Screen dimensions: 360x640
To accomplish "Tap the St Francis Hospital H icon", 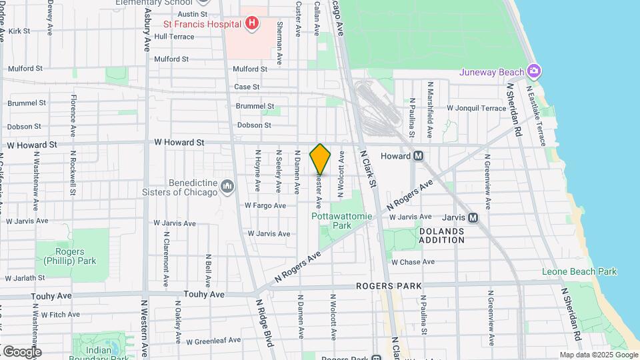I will pos(251,24).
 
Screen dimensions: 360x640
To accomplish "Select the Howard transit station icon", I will pos(419,156).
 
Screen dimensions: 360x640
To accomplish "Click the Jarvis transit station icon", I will pos(473,217).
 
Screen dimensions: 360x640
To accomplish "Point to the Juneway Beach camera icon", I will pos(533,71).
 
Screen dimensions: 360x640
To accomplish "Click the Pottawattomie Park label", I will pos(332,221).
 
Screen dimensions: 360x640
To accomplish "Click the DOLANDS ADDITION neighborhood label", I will pos(441,235).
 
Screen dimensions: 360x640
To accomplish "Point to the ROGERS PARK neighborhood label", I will pos(389,286).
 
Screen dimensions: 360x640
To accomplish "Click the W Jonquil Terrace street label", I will pos(477,107).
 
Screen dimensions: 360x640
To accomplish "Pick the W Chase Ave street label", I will pos(413,262).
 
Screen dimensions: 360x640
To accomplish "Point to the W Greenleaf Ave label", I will pos(214,340).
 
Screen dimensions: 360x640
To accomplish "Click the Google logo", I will pos(21,352).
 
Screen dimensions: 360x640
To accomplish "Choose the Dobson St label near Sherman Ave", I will pos(254,125).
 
